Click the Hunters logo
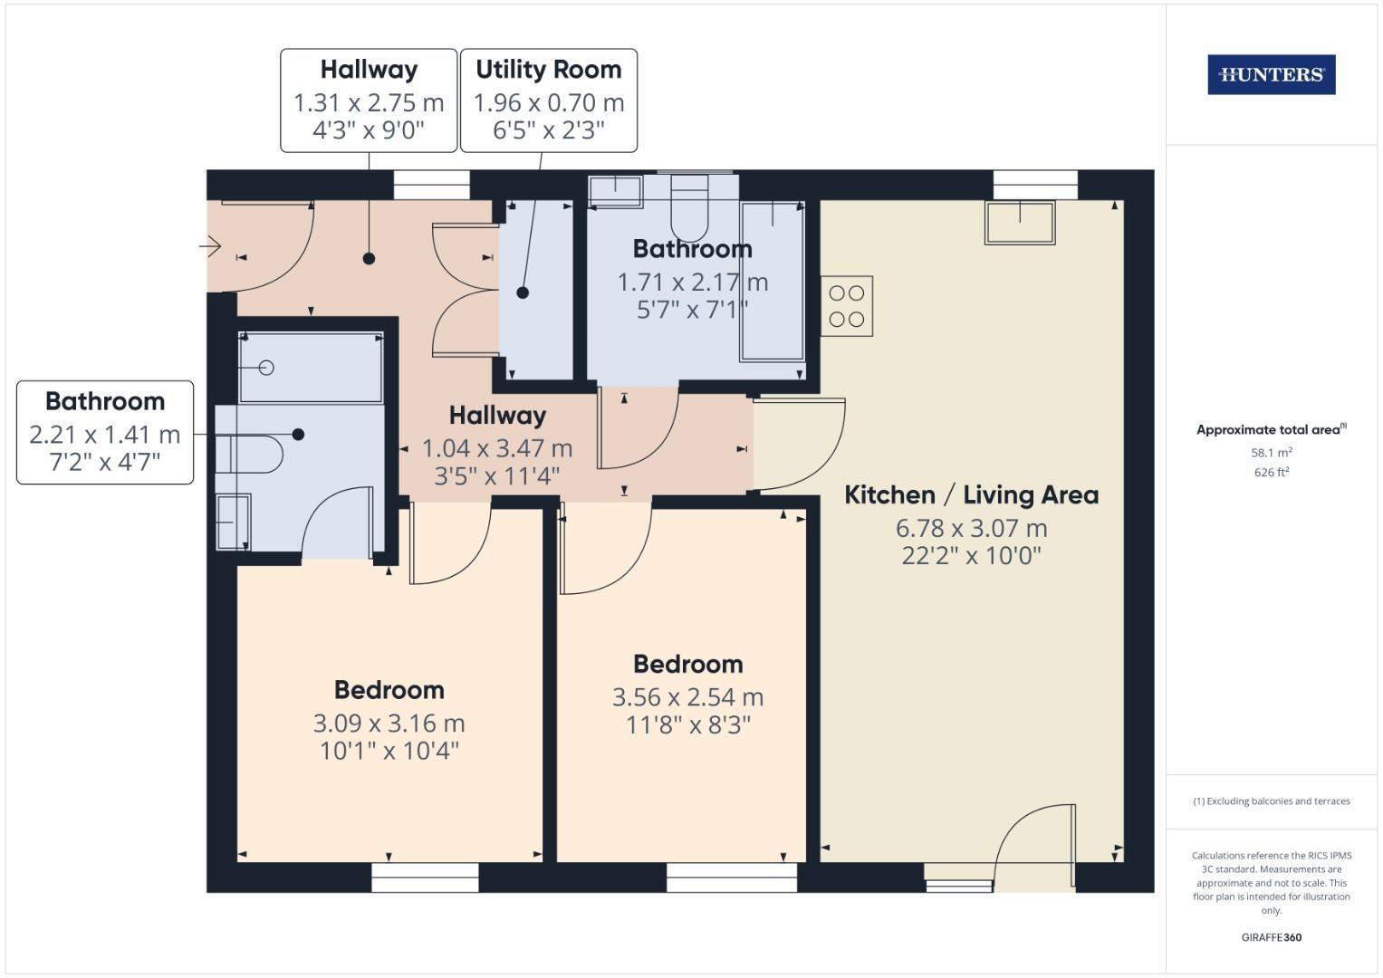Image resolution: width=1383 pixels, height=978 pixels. coord(1271,74)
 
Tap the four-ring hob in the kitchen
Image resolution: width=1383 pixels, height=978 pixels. coord(847,306)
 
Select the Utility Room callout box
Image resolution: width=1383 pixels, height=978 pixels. coord(548,101)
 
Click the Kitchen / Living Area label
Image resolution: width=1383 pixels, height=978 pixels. coord(971,494)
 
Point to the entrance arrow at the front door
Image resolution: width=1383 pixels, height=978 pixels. coord(210,245)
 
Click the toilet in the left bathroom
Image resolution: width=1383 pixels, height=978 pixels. coord(250,454)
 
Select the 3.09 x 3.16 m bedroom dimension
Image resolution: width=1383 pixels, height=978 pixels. coord(389,723)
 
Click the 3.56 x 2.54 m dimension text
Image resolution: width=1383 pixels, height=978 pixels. coord(687,697)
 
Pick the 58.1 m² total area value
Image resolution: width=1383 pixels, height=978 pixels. coord(1271,452)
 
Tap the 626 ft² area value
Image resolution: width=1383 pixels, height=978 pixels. coord(1271,472)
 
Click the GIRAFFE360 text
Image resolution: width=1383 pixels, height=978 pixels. coord(1271,937)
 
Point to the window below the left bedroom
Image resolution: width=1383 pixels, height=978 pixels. coord(425,877)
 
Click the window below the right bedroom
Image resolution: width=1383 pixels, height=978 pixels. coord(731,877)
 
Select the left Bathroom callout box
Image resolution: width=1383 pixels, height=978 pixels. coord(105,432)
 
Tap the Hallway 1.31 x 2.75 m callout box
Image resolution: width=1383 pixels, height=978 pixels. coord(369,101)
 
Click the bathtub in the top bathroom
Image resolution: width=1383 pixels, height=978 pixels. coord(772,281)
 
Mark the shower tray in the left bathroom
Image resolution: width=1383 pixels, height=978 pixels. coord(311,367)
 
